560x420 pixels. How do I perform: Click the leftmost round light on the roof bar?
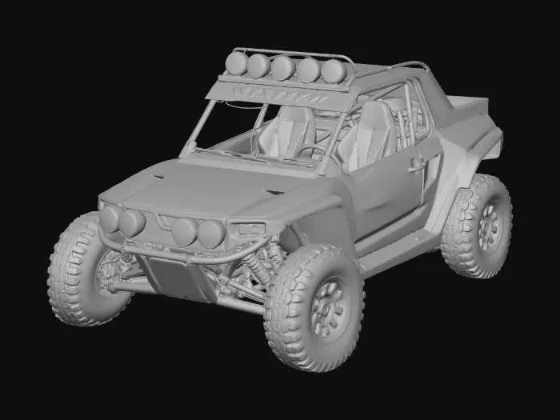237,62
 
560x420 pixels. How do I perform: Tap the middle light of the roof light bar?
282,67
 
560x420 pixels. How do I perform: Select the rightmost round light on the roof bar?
334,72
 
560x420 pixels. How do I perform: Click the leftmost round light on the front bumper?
110,218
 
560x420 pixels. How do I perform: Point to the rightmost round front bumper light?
211,234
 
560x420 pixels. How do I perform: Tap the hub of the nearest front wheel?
327,306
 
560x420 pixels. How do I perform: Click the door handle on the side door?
417,164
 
